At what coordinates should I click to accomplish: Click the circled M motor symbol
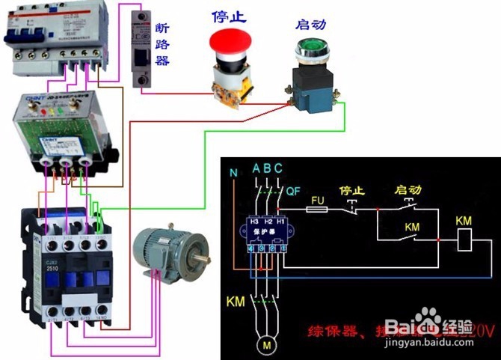pyautogui.click(x=266, y=344)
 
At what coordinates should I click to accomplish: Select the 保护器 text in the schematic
pyautogui.click(x=265, y=233)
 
